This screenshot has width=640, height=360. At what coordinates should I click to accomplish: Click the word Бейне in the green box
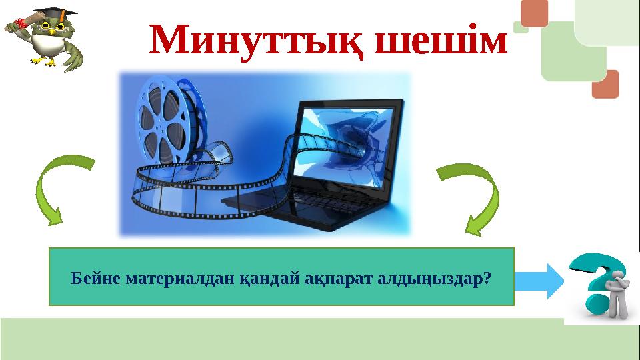91,277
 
